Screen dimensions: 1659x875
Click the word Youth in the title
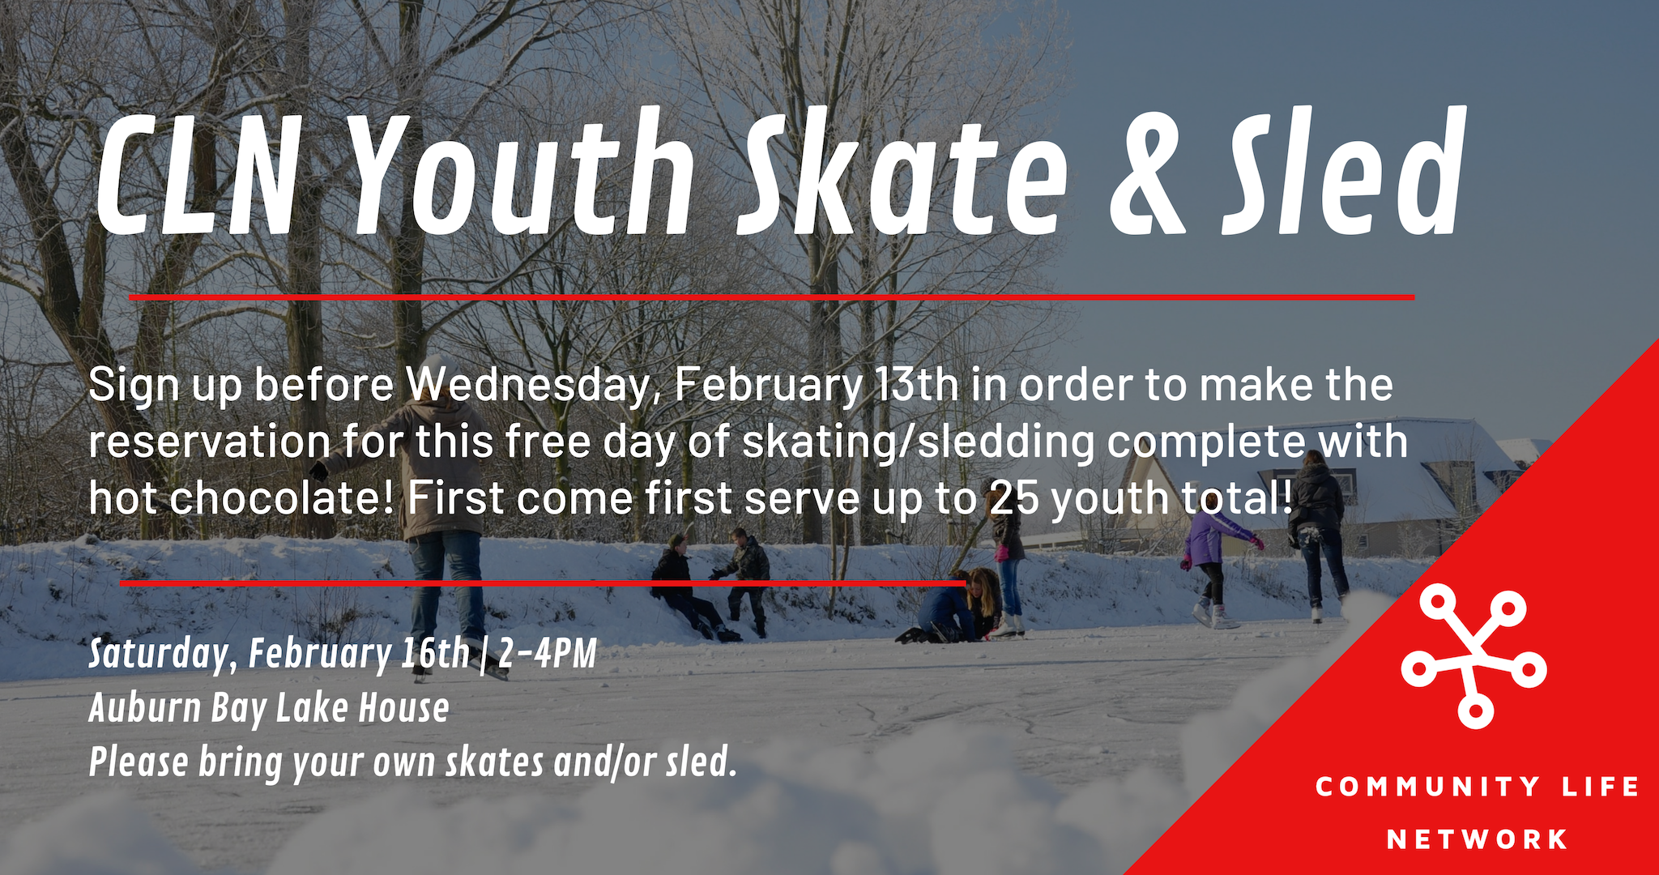click(522, 173)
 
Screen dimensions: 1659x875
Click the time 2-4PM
click(548, 653)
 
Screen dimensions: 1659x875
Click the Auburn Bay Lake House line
click(269, 708)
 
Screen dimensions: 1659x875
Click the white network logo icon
click(1474, 656)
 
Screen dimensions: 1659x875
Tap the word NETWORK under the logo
click(1478, 839)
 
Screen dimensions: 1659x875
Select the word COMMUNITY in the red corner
click(1427, 786)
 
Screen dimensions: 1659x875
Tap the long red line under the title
click(772, 297)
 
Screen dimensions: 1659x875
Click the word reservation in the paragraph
click(210, 442)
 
